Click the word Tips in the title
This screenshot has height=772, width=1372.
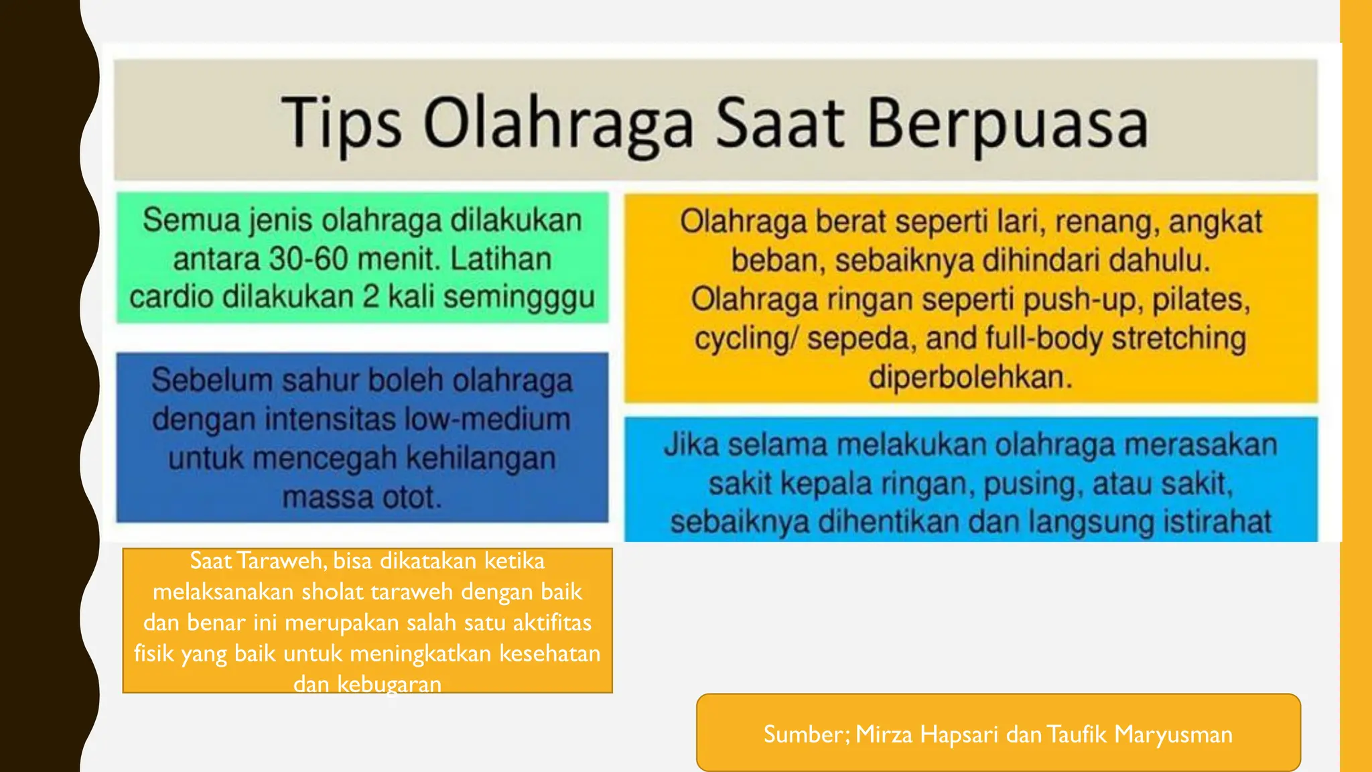pos(341,123)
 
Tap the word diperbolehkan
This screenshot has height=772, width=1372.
pos(971,377)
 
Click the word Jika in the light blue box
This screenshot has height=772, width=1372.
pos(691,446)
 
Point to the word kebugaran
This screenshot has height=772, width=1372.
pos(389,684)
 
